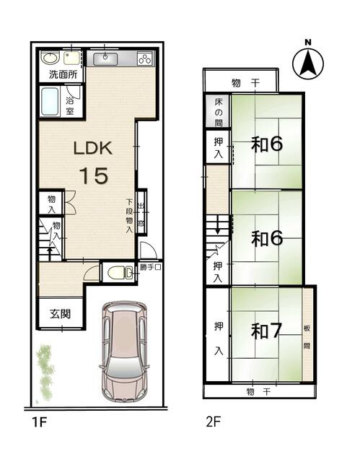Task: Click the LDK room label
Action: (93, 148)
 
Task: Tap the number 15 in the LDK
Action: (94, 175)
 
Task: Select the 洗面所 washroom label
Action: (63, 74)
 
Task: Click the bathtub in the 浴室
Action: (50, 101)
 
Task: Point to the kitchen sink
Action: (105, 59)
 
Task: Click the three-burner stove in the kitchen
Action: (145, 58)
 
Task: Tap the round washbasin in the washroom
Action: (51, 57)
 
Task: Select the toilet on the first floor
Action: (120, 272)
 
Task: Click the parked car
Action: (124, 352)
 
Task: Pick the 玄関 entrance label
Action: (60, 314)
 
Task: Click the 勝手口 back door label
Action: (150, 267)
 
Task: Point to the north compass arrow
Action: (308, 63)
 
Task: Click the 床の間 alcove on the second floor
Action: (218, 112)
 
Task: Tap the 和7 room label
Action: (266, 331)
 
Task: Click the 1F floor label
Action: (40, 422)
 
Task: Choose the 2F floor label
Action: (213, 422)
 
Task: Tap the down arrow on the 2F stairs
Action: (218, 225)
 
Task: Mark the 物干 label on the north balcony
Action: (246, 83)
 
